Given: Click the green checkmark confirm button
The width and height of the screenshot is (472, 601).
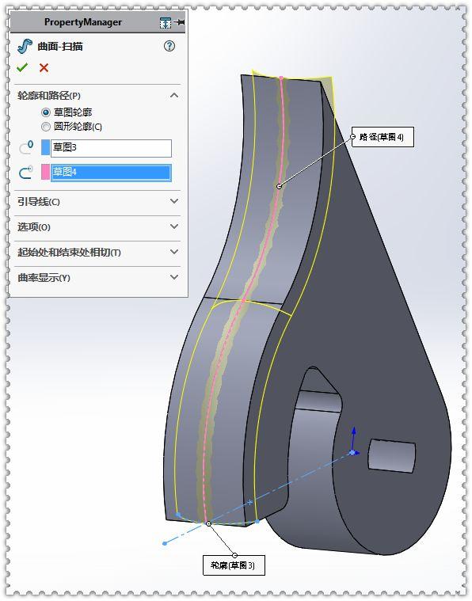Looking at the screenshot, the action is pyautogui.click(x=22, y=67).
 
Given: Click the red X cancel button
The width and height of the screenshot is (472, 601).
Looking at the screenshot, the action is pyautogui.click(x=44, y=68).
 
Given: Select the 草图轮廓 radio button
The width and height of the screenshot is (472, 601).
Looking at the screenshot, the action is pyautogui.click(x=46, y=112).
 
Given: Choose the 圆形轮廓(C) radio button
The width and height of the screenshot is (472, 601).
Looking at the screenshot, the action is pyautogui.click(x=46, y=127).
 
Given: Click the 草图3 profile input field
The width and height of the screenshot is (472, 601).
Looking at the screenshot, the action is pyautogui.click(x=111, y=148).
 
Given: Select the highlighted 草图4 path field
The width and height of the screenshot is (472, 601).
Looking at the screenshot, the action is pyautogui.click(x=111, y=173).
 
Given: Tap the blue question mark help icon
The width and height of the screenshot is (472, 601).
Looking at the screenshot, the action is pyautogui.click(x=169, y=47).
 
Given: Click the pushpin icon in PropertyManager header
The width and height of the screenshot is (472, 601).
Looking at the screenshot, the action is pyautogui.click(x=180, y=22).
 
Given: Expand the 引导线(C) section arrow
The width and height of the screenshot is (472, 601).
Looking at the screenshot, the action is pyautogui.click(x=174, y=201).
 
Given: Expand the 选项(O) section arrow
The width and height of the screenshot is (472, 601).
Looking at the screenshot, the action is pyautogui.click(x=174, y=226).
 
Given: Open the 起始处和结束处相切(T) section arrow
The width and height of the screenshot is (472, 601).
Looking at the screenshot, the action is pyautogui.click(x=174, y=252).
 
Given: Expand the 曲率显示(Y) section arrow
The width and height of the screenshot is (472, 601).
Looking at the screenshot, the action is pyautogui.click(x=174, y=277).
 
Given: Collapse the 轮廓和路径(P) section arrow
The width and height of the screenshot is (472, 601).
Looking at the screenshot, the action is pyautogui.click(x=174, y=95).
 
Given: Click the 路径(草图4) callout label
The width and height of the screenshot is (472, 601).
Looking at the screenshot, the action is pyautogui.click(x=383, y=137).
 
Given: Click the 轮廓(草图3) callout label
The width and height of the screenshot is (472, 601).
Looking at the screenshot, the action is pyautogui.click(x=234, y=565).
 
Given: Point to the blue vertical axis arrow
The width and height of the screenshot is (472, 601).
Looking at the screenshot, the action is pyautogui.click(x=354, y=439).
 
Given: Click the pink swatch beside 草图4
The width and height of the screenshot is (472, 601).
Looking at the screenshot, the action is pyautogui.click(x=45, y=173).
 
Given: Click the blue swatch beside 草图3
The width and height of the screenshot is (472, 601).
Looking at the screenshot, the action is pyautogui.click(x=45, y=148).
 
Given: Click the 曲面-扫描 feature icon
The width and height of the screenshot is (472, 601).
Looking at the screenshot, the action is pyautogui.click(x=25, y=47).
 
